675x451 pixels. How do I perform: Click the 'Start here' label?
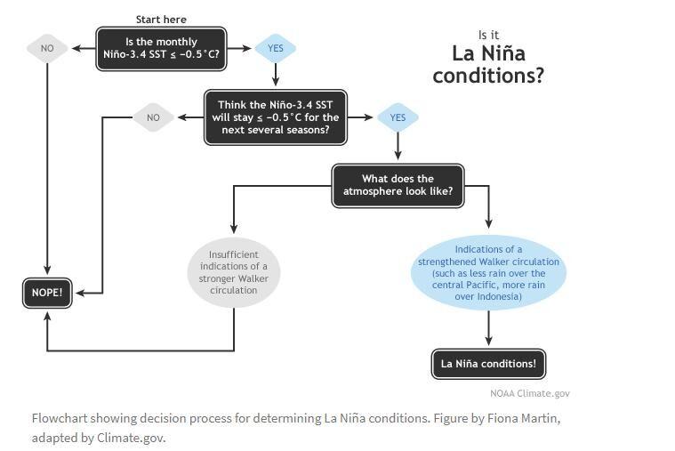(x=161, y=20)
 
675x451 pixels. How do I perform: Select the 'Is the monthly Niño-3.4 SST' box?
(x=161, y=49)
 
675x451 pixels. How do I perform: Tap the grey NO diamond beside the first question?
(x=47, y=48)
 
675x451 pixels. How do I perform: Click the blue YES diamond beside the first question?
(x=276, y=48)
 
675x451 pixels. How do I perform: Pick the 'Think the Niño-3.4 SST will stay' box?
(x=276, y=117)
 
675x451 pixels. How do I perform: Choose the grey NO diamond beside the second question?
(x=153, y=117)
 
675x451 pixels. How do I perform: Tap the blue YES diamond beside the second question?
(x=398, y=117)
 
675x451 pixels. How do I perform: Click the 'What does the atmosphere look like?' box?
(x=398, y=186)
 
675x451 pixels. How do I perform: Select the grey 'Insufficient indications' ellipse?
(x=234, y=272)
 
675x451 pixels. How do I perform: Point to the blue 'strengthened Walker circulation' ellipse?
(x=488, y=273)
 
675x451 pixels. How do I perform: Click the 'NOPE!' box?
(x=47, y=293)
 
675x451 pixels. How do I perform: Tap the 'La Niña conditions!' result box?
(x=488, y=364)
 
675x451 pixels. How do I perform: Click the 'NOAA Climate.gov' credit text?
(x=530, y=393)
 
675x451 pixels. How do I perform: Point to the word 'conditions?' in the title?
(x=488, y=76)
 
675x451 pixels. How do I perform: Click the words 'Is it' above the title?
(x=488, y=35)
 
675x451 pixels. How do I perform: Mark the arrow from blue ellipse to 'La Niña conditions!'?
(x=488, y=328)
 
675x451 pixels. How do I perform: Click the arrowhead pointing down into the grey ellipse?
(x=234, y=229)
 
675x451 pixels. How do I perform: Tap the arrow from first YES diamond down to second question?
(x=276, y=75)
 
